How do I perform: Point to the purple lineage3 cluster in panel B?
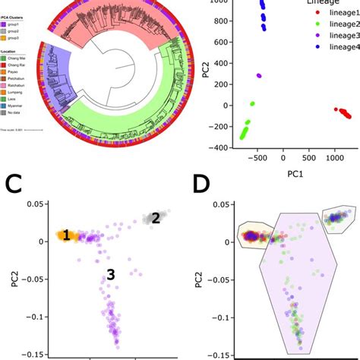point(259,76)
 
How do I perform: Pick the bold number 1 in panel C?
point(66,236)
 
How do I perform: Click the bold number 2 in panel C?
point(156,218)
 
